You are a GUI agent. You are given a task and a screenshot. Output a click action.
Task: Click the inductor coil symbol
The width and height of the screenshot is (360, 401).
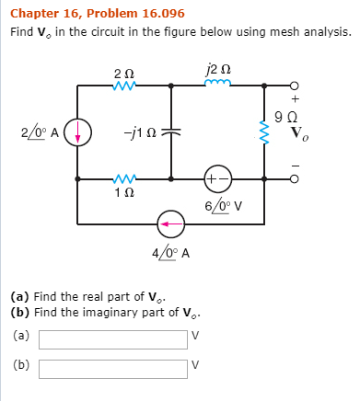[219, 84]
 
